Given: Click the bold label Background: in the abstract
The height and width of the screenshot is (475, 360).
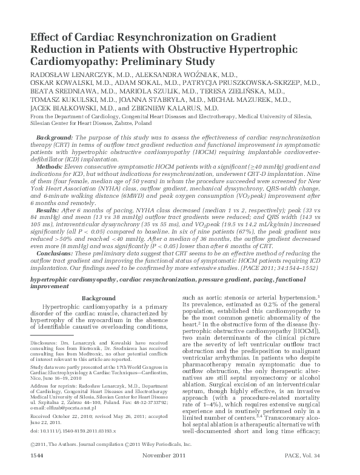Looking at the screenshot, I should pyautogui.click(x=55, y=138).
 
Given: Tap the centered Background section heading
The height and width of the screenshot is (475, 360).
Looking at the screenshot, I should pyautogui.click(x=98, y=298).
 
